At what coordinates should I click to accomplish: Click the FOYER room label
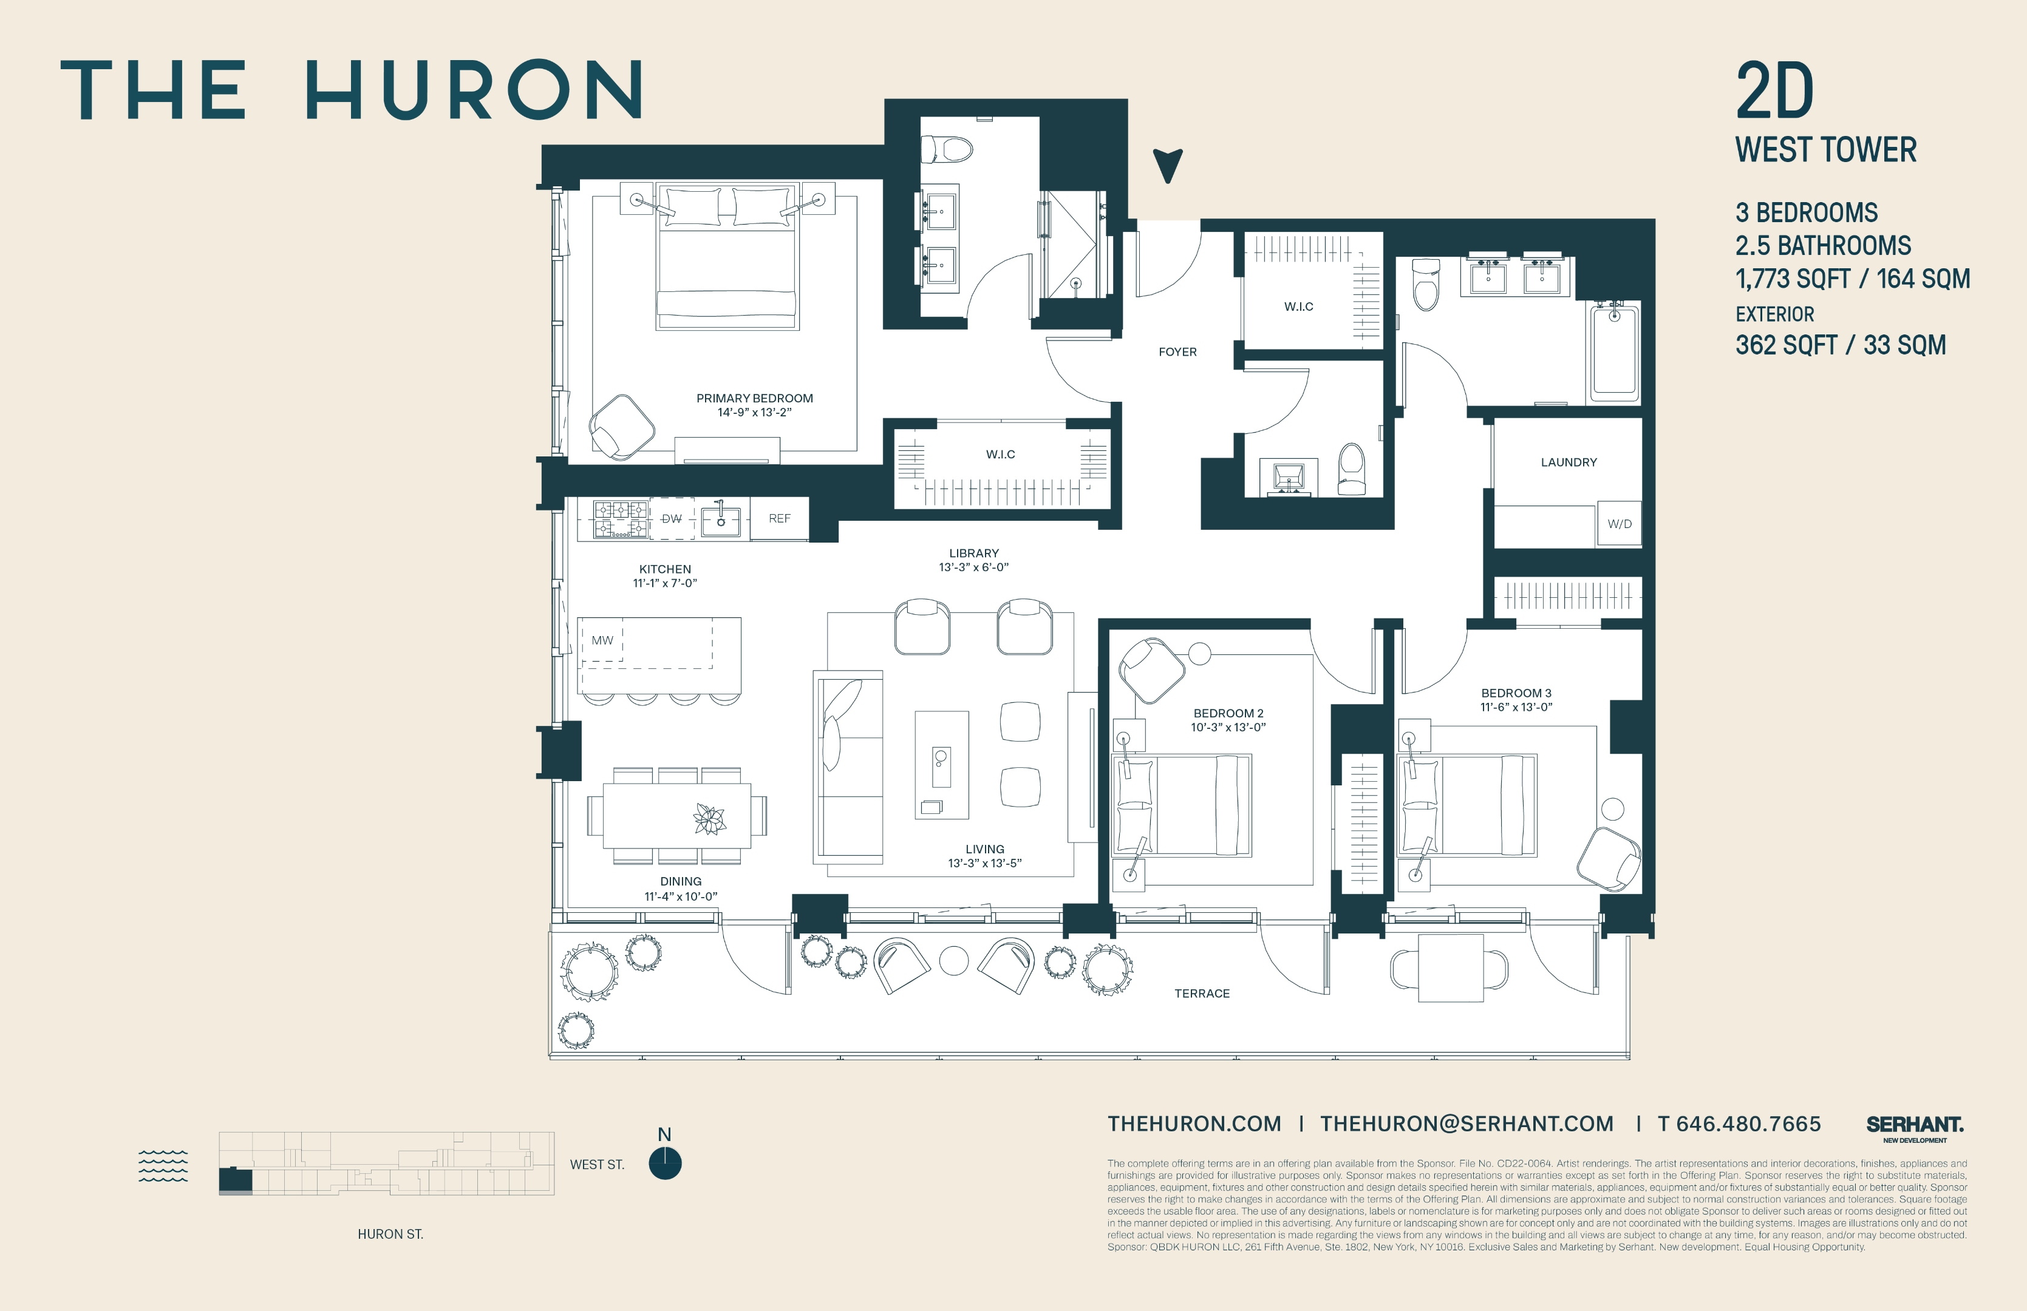tap(1177, 351)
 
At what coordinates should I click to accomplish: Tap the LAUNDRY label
tap(1568, 462)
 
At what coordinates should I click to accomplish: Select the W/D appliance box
tap(1619, 524)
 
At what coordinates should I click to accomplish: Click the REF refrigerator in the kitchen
tap(779, 518)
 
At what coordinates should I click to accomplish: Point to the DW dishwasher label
tap(671, 518)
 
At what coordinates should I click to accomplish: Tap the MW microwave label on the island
tap(602, 640)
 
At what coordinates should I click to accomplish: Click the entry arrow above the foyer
tap(1168, 165)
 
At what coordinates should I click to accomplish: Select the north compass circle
tap(664, 1163)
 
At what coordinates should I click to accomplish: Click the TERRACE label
tap(1202, 994)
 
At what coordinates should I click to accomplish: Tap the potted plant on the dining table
tap(709, 819)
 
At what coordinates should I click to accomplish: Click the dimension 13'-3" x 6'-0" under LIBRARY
tap(973, 567)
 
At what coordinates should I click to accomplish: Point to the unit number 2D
tap(1775, 92)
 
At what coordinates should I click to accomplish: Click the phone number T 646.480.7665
tap(1739, 1123)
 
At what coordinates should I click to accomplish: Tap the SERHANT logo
tap(1915, 1125)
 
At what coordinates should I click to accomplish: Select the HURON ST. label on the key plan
tap(390, 1233)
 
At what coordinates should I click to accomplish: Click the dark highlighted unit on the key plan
tap(235, 1180)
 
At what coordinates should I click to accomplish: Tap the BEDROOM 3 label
tap(1516, 693)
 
